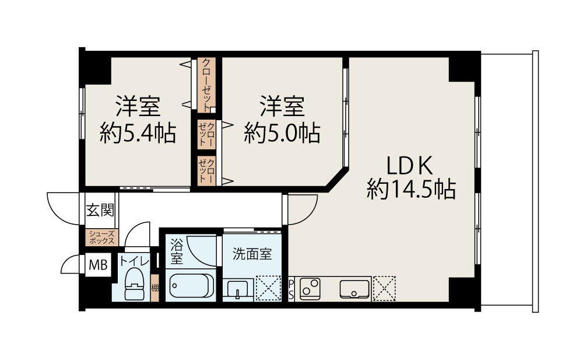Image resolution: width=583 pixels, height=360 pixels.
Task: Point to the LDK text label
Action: click(x=410, y=166)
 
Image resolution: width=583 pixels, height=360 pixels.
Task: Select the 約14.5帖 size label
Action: click(x=411, y=189)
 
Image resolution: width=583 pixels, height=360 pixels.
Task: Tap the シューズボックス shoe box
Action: click(x=102, y=237)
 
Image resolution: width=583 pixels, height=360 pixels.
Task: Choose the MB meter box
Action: click(x=98, y=265)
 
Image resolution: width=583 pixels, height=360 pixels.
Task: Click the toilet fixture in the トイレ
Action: click(x=134, y=284)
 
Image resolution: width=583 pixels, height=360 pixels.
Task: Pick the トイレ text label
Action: click(x=134, y=261)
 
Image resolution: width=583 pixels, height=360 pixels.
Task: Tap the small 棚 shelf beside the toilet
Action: click(x=154, y=288)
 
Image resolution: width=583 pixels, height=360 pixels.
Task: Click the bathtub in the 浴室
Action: click(x=191, y=285)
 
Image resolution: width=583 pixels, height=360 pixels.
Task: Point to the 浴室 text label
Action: click(x=177, y=251)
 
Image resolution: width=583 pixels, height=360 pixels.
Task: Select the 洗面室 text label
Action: click(x=252, y=254)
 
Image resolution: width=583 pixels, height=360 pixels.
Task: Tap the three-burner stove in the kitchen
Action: click(x=310, y=288)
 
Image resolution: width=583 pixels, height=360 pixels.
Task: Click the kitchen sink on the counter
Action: click(x=354, y=289)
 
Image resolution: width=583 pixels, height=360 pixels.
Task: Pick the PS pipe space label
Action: click(x=291, y=289)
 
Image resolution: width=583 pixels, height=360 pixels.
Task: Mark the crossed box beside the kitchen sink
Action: click(x=384, y=288)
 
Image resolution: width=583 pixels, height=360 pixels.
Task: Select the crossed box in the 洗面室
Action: click(x=268, y=288)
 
